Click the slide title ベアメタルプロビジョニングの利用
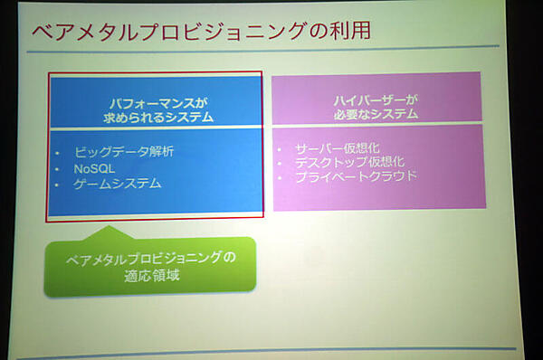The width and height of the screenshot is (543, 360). pos(203,31)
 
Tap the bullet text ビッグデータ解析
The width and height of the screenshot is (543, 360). pos(125,151)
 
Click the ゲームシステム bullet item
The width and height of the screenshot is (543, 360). pos(119,184)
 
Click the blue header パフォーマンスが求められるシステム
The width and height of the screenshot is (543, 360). pos(156,109)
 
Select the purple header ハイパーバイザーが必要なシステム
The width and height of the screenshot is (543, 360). pos(375,107)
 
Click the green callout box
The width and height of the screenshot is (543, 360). pos(150,267)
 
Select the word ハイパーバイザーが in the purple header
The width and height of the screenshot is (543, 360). pos(375,99)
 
